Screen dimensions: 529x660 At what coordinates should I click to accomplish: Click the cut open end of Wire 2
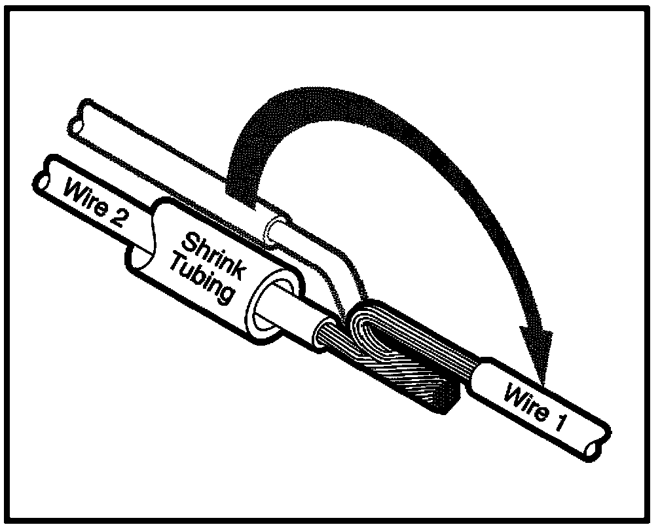(47, 175)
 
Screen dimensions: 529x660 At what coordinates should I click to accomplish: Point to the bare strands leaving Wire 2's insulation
(327, 334)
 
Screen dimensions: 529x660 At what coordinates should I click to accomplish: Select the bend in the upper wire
(340, 268)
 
